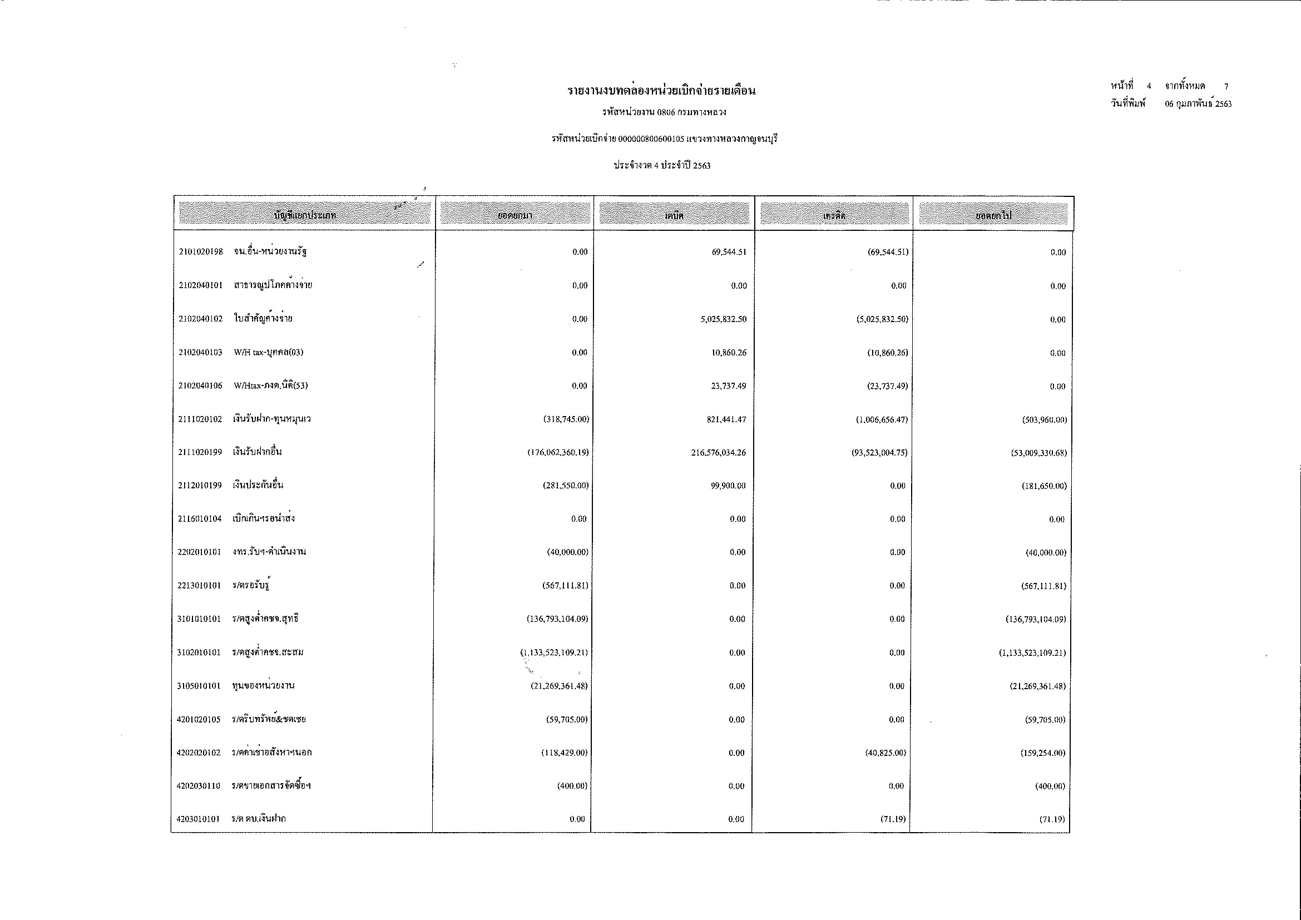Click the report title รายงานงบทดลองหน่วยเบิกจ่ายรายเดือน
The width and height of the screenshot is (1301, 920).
(661, 91)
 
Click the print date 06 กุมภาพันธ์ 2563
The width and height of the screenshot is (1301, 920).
(1198, 103)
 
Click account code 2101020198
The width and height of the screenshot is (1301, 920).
(201, 251)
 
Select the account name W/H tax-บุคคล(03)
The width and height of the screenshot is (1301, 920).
(269, 352)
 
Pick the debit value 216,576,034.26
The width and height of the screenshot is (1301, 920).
(719, 453)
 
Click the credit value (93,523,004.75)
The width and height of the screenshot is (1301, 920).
(879, 453)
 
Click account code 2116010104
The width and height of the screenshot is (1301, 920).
(200, 519)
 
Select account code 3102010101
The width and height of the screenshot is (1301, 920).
(199, 652)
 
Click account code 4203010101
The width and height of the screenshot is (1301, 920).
(198, 819)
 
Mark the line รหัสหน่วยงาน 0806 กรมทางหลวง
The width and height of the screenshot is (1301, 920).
(664, 112)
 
